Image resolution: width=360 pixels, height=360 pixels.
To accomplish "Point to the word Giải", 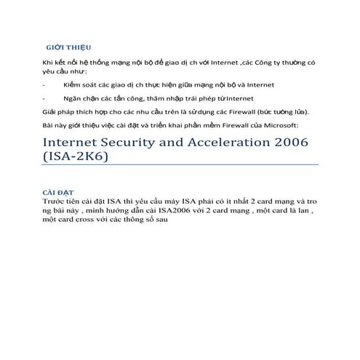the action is pyautogui.click(x=50, y=111).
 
